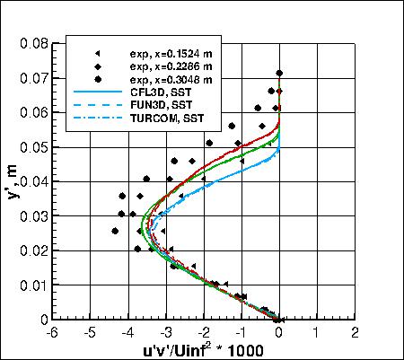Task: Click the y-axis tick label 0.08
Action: tap(33, 42)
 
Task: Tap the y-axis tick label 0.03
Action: tap(33, 215)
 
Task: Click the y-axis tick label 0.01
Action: tap(33, 285)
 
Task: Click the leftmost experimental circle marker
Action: tap(115, 231)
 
